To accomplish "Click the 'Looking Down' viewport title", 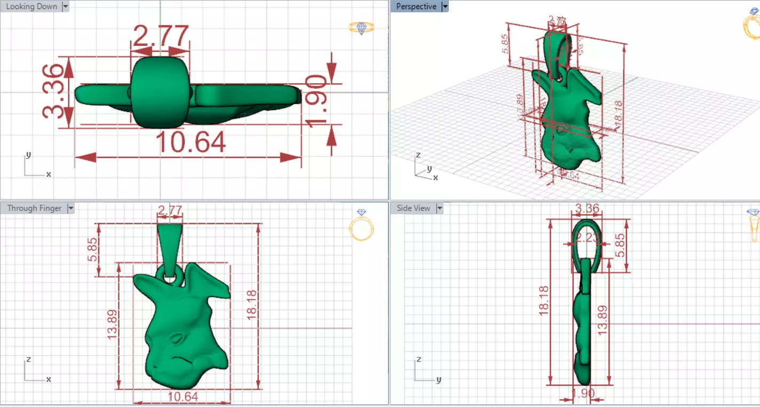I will (31, 6).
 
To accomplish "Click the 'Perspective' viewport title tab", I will (416, 6).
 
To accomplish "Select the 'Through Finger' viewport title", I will (34, 208).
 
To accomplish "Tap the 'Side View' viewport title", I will (414, 208).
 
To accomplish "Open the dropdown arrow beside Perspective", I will (445, 6).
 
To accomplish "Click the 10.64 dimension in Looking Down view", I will (191, 143).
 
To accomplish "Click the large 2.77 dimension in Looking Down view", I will (160, 36).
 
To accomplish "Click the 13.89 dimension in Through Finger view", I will (113, 326).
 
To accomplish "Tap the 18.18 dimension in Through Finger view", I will (251, 305).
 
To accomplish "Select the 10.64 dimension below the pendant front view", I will (183, 396).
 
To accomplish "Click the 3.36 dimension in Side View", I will (587, 208).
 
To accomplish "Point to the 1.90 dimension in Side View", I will (583, 394).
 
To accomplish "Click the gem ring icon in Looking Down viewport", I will (361, 28).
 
